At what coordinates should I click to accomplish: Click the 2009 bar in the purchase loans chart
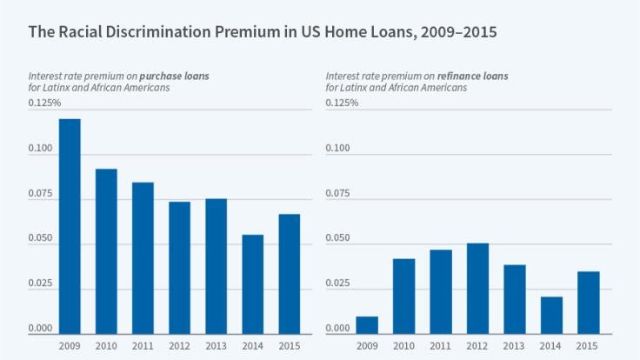70,226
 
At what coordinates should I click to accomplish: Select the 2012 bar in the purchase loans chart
180,268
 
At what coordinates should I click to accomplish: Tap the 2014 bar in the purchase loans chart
253,284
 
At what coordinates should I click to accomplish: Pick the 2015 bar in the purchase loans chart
290,274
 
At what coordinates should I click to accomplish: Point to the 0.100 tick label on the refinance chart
338,149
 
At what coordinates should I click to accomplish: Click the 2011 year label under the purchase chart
143,345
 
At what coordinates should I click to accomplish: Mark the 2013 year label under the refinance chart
514,345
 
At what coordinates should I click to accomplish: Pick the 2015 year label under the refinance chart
588,345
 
